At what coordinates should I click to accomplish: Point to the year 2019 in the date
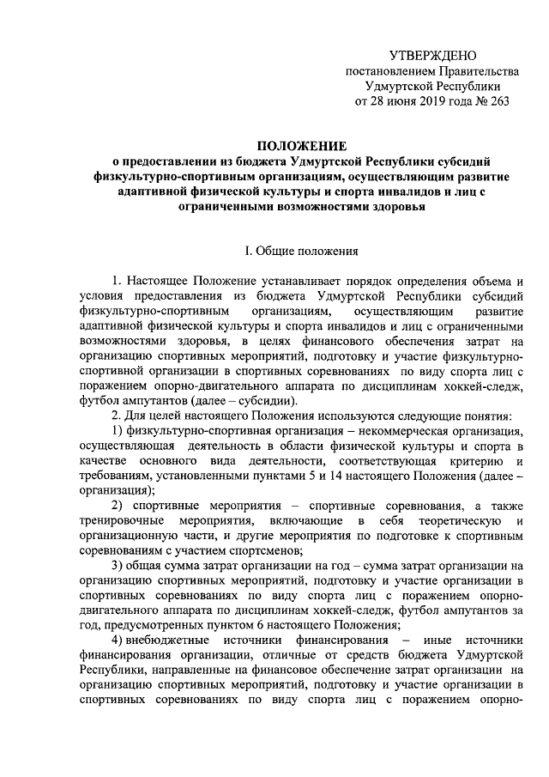[x=431, y=101]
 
